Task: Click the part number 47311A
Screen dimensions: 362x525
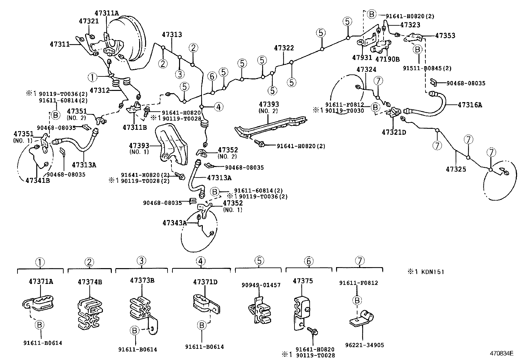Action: (x=107, y=13)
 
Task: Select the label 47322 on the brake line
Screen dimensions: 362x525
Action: (x=284, y=48)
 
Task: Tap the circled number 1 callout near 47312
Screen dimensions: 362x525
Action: (x=93, y=77)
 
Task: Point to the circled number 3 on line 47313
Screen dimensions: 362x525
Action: (x=179, y=74)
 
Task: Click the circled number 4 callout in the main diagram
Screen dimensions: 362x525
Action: (x=218, y=107)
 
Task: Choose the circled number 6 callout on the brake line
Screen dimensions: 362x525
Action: (x=212, y=76)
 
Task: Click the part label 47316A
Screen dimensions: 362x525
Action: (x=470, y=105)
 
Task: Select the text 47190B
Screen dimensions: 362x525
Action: (x=387, y=59)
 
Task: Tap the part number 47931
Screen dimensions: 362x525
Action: (x=362, y=58)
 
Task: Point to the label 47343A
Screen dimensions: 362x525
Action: (x=174, y=223)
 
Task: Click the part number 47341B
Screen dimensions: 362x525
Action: (x=38, y=180)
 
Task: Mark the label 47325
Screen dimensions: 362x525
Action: (x=456, y=169)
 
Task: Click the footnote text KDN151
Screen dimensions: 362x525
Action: (x=429, y=272)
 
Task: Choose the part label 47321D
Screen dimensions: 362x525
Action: (x=394, y=132)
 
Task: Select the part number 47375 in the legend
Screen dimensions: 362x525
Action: (x=303, y=281)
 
